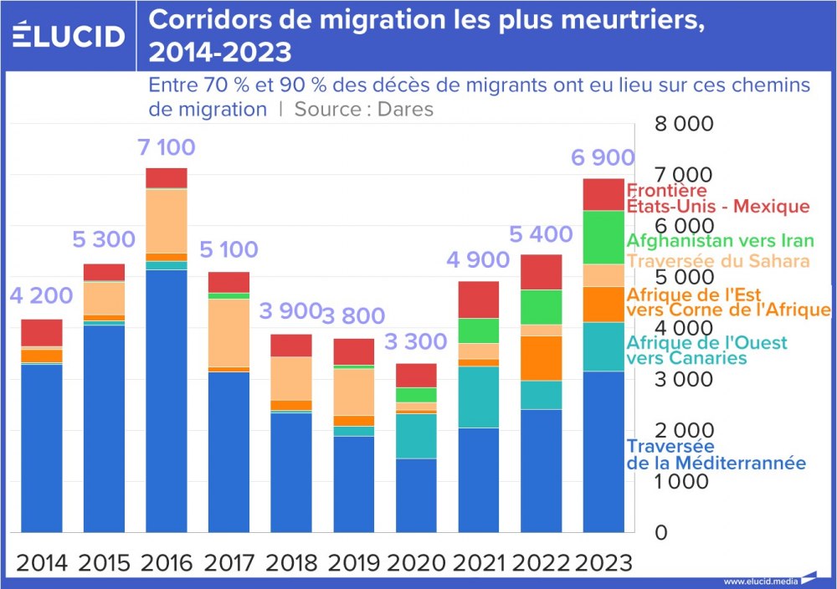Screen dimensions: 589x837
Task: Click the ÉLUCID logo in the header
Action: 68,35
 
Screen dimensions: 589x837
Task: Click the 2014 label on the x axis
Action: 42,562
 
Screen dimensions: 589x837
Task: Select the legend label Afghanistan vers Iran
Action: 720,240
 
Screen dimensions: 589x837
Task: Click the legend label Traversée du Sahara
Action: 718,261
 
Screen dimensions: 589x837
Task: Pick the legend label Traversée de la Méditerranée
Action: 716,455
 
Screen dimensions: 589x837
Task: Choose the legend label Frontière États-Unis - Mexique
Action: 717,198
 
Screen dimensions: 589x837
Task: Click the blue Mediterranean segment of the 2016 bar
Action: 166,402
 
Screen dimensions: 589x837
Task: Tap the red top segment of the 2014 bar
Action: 42,332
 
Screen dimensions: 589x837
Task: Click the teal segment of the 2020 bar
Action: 417,436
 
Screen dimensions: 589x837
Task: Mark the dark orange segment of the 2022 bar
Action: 542,358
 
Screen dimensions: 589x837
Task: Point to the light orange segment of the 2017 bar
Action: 229,332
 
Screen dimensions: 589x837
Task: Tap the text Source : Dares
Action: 363,109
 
